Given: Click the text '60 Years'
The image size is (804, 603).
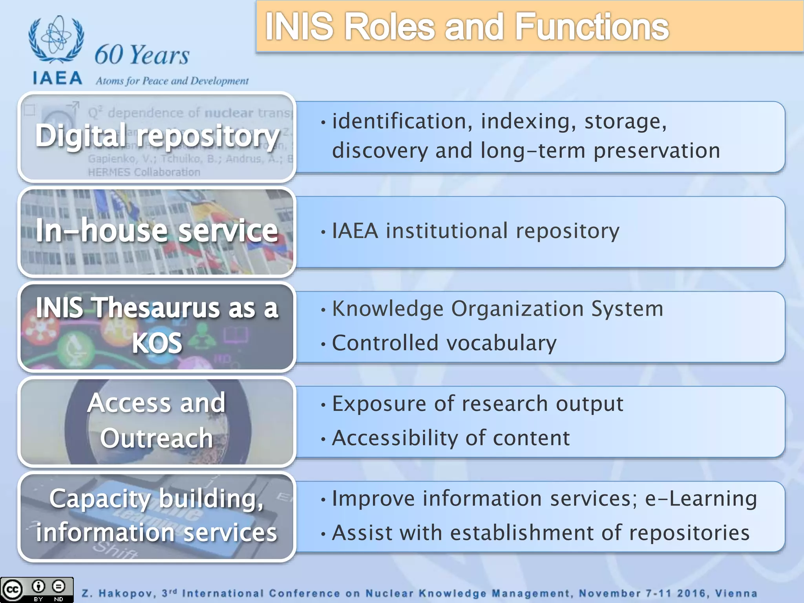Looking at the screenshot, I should [x=142, y=55].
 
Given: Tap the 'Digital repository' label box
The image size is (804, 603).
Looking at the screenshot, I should [x=157, y=136].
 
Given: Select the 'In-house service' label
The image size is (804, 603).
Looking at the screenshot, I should [x=157, y=231].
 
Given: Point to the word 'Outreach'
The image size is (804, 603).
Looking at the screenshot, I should [x=156, y=438].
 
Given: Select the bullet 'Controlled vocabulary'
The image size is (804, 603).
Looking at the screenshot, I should [x=444, y=343].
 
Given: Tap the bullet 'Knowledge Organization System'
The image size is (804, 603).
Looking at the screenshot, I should [x=497, y=309].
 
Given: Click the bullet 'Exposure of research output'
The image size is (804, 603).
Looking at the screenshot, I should [x=477, y=404].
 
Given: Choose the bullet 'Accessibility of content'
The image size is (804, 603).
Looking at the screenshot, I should [x=451, y=438].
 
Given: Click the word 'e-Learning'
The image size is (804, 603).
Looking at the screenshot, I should [x=701, y=499].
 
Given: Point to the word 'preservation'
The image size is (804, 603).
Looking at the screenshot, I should [x=656, y=151].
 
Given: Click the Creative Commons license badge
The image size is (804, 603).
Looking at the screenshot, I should [x=37, y=590].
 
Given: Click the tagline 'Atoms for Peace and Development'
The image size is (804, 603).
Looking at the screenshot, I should [x=172, y=81].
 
